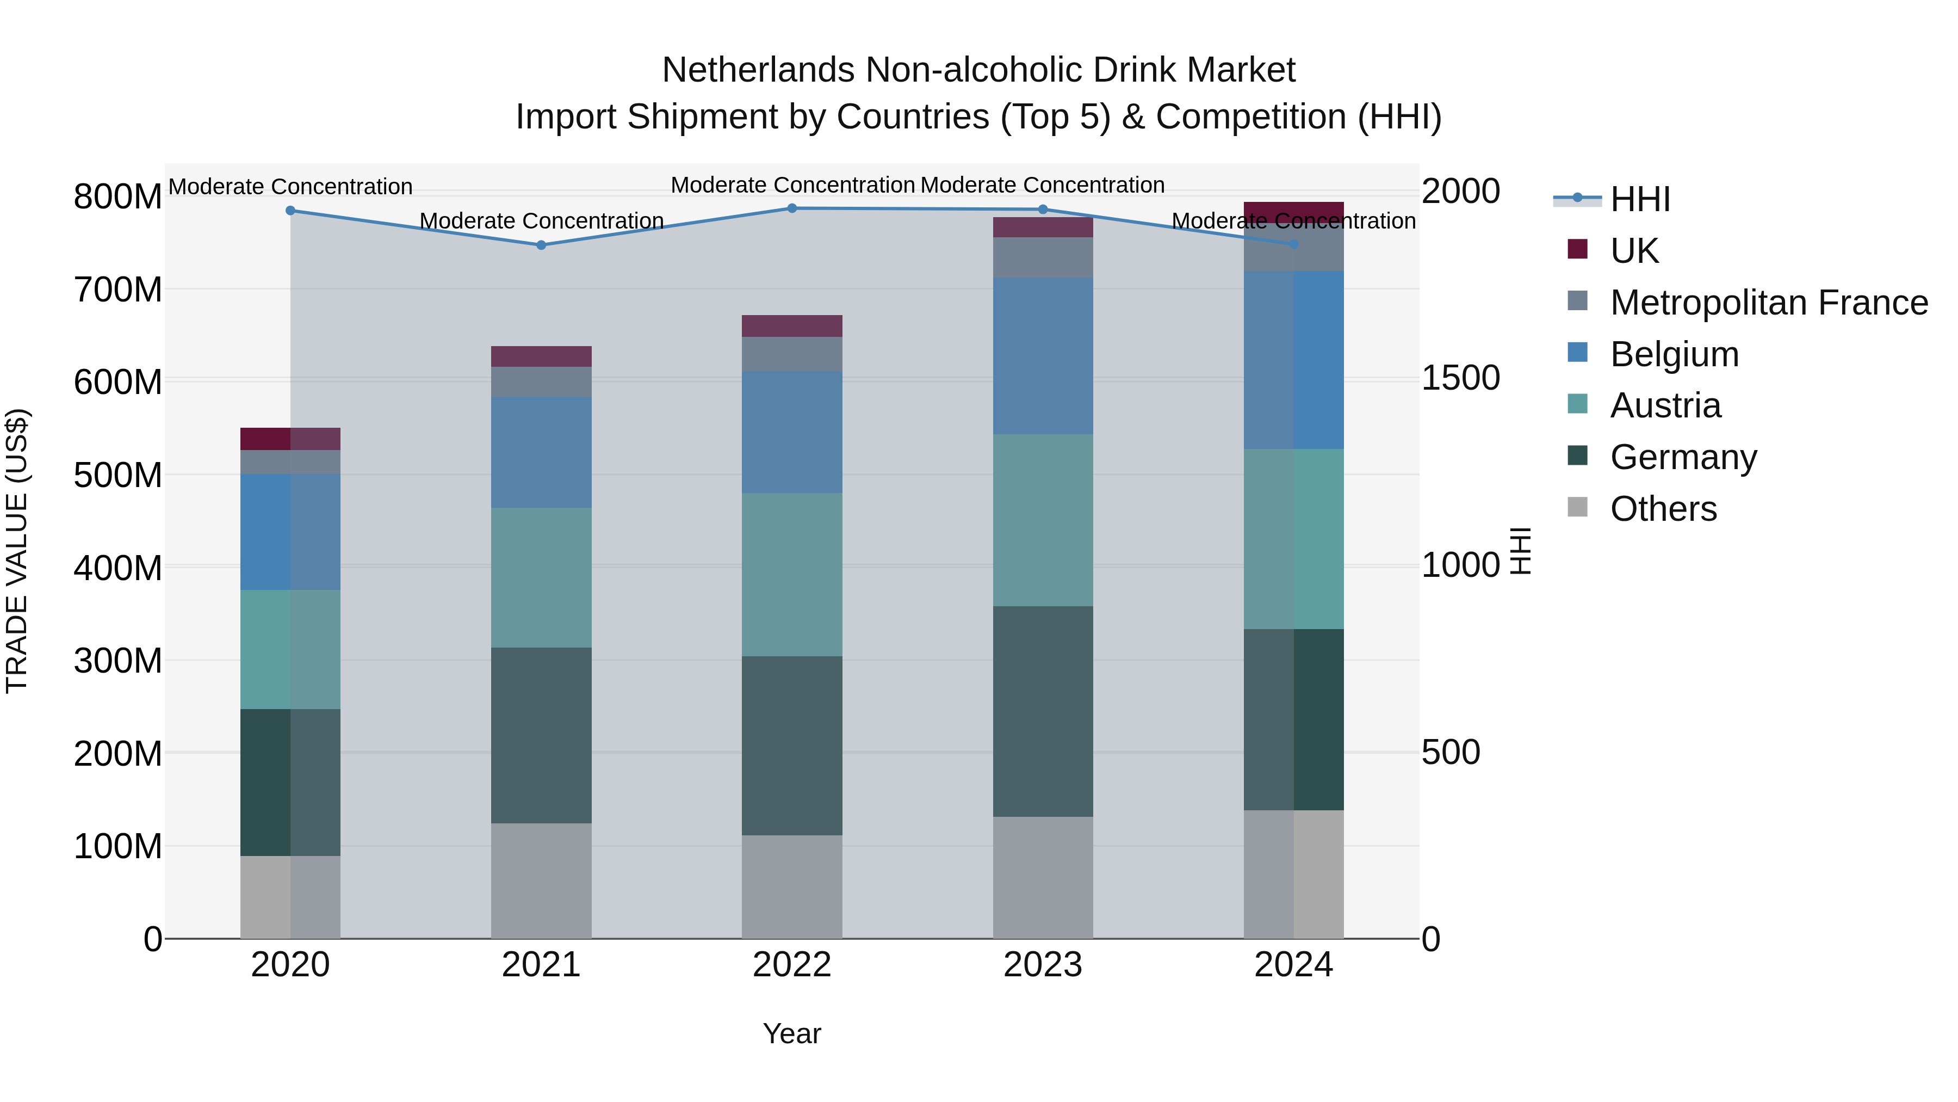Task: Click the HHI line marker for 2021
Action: [x=541, y=245]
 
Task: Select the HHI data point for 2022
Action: [x=792, y=208]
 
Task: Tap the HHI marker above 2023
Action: [x=1043, y=209]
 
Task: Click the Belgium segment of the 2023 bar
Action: [x=1043, y=356]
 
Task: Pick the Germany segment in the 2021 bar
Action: [x=541, y=735]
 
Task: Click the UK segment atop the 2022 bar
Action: [x=792, y=325]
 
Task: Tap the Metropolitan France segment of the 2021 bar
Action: [x=541, y=382]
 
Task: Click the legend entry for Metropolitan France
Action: [x=1768, y=302]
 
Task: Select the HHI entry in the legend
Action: [x=1639, y=199]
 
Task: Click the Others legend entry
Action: [x=1663, y=508]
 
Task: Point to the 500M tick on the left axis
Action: [x=118, y=475]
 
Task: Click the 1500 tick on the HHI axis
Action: [x=1460, y=378]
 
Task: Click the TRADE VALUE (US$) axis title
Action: [x=17, y=551]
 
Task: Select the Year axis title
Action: [x=792, y=1033]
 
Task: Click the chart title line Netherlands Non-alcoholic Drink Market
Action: [x=978, y=70]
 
